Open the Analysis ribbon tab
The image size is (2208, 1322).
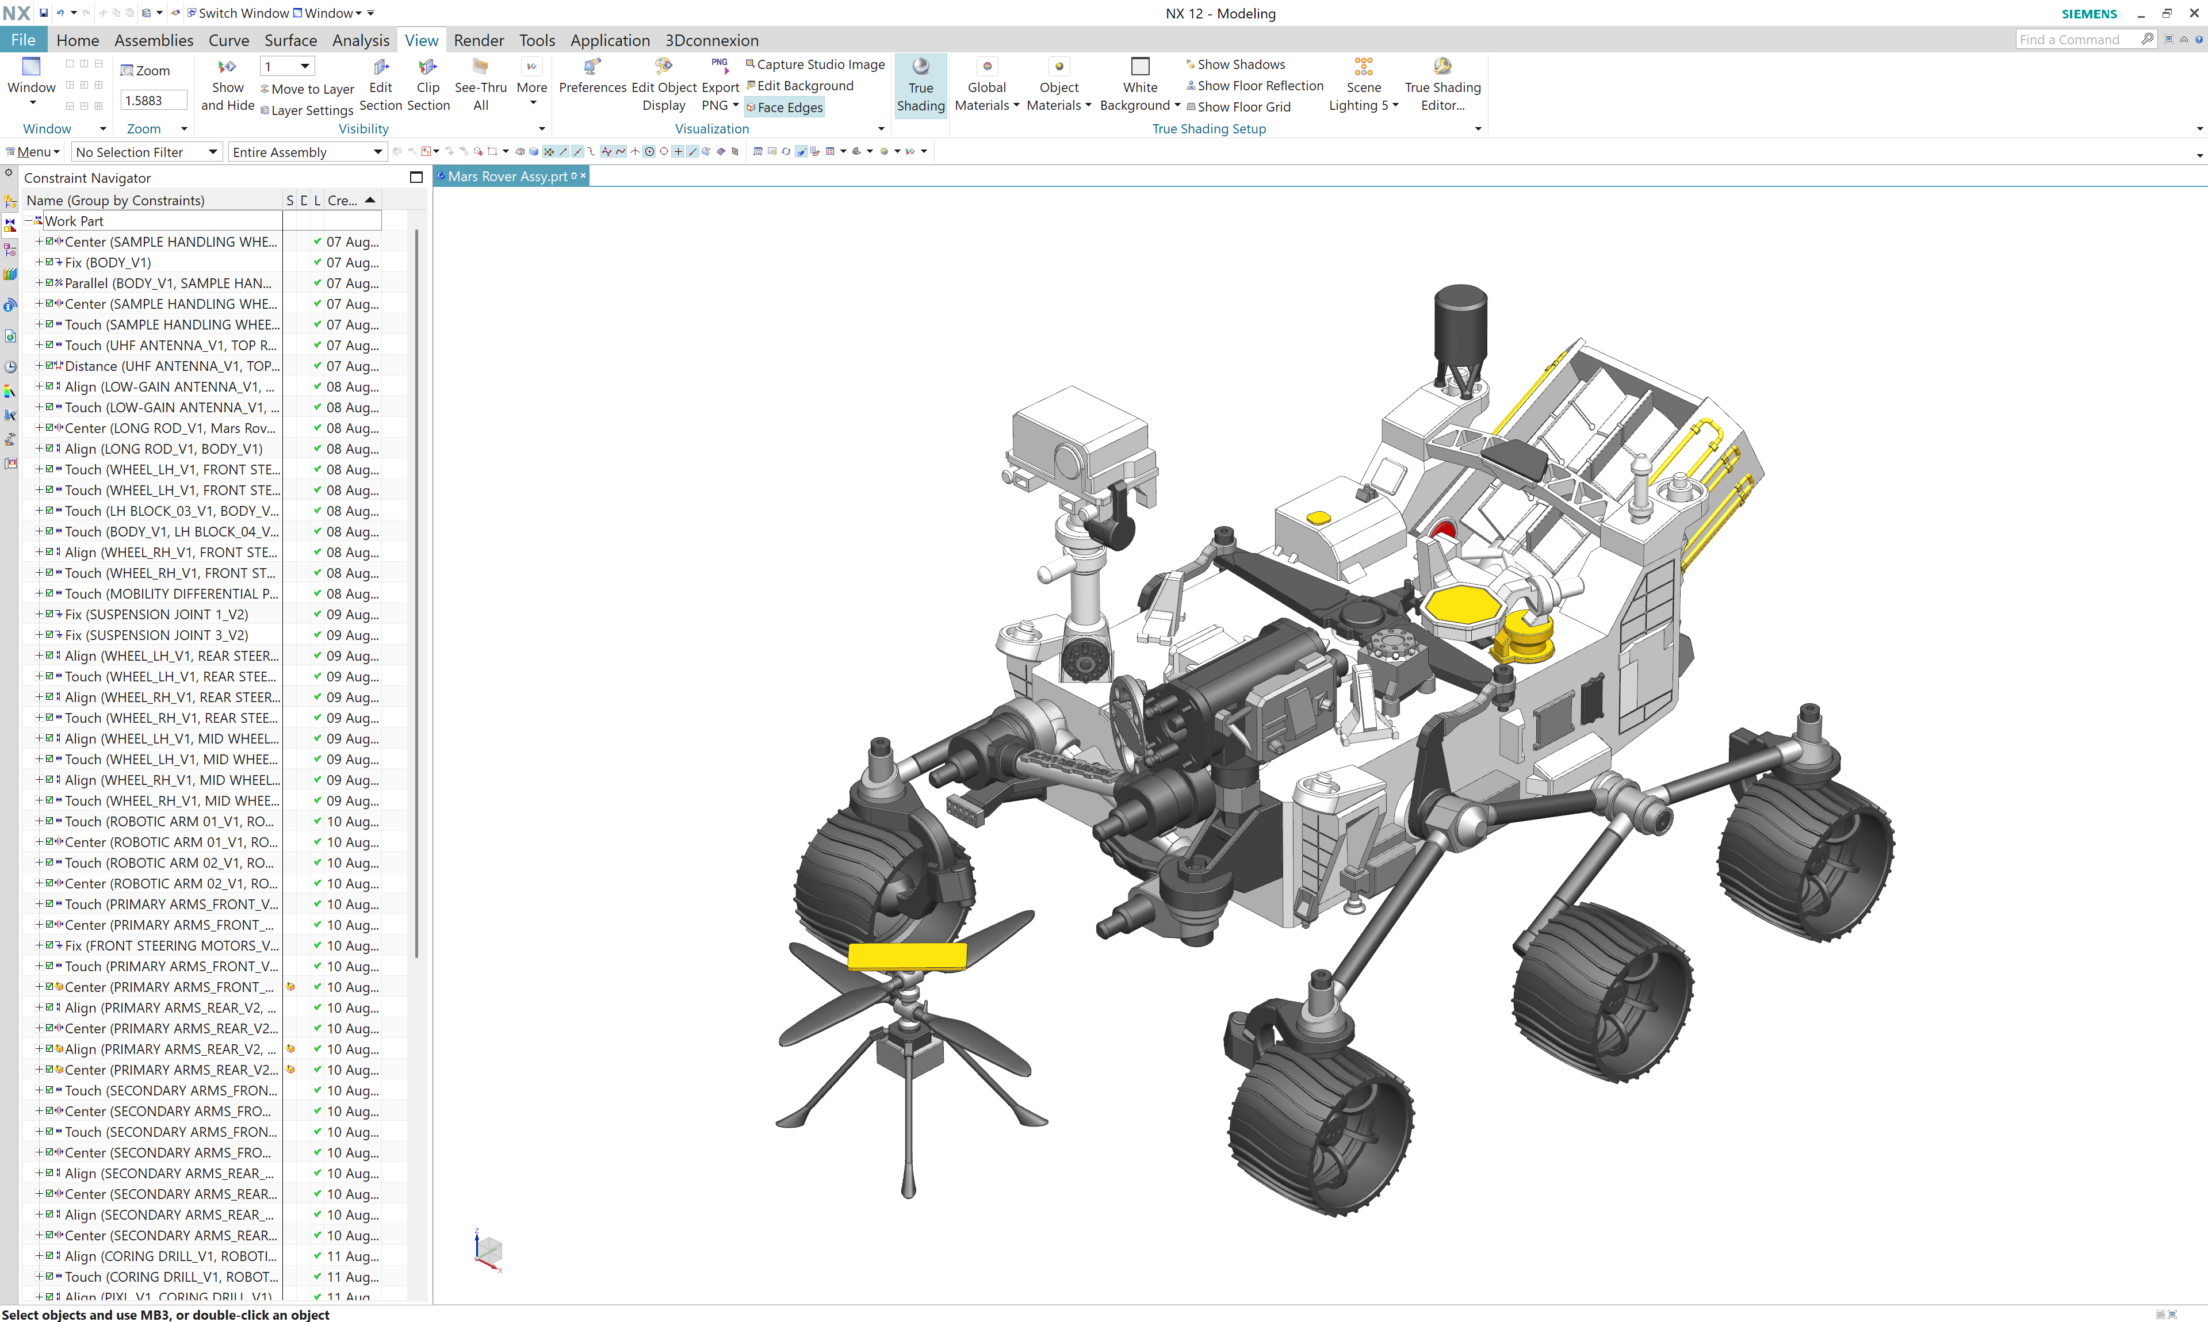tap(360, 40)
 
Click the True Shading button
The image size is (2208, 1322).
tap(920, 86)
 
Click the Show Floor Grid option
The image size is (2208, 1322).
tap(1243, 107)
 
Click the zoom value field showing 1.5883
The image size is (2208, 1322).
tap(153, 101)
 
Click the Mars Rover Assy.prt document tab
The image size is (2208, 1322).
tap(507, 177)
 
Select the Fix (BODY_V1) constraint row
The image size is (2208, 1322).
tap(108, 263)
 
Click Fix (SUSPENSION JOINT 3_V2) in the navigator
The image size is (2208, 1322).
tap(156, 635)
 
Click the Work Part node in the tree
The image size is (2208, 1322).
tap(74, 221)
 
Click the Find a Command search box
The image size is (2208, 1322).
tap(2077, 39)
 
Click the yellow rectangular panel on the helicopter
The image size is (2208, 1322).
tap(906, 956)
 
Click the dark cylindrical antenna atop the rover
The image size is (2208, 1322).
tap(1460, 324)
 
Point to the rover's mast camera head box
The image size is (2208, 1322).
tap(1078, 436)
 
